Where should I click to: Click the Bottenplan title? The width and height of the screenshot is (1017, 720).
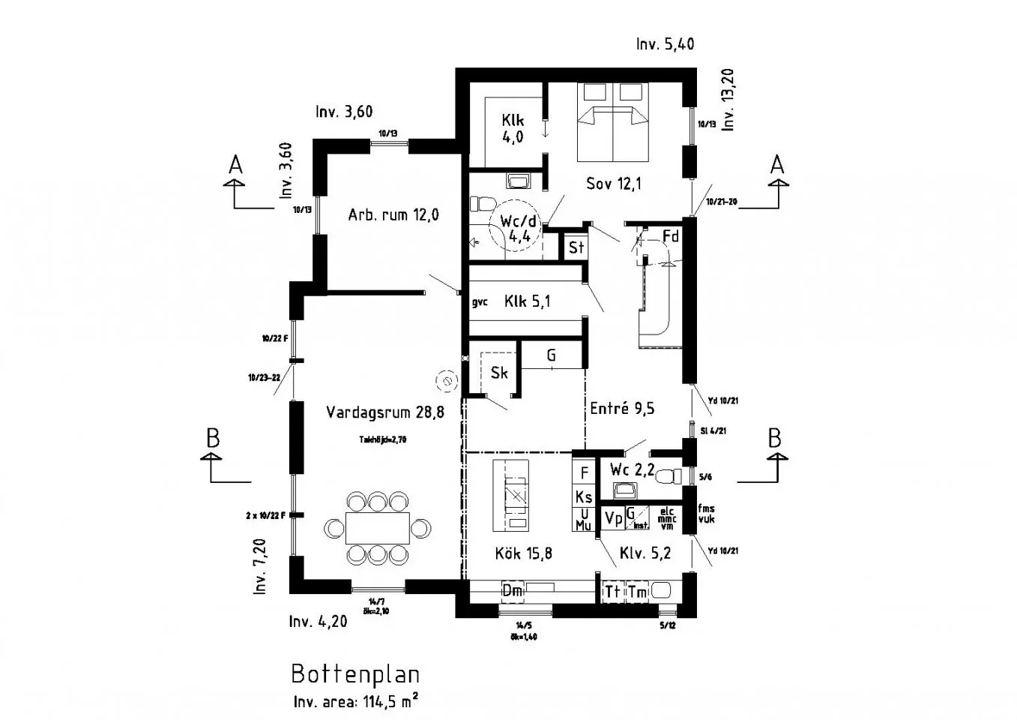[354, 673]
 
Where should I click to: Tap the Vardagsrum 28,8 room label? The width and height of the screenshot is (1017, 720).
[384, 412]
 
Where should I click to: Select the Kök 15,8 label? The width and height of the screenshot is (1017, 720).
[523, 553]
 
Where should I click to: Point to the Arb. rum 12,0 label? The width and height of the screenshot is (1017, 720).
[393, 215]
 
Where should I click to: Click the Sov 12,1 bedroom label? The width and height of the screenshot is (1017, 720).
[613, 184]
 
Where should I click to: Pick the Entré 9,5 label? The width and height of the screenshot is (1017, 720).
[622, 409]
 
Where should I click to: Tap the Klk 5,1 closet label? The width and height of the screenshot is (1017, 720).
[528, 301]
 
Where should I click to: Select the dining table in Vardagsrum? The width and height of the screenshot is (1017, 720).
[378, 527]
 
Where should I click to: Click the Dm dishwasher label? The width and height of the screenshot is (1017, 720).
[512, 592]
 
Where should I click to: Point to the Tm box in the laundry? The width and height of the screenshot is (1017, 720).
[637, 592]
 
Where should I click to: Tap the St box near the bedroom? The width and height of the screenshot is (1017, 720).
[576, 247]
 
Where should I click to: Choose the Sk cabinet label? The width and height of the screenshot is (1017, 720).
[499, 373]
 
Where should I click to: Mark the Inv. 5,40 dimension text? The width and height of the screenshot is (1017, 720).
[665, 44]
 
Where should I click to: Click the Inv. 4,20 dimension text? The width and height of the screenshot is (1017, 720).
[318, 622]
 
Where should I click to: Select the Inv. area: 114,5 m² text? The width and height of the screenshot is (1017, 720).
[355, 702]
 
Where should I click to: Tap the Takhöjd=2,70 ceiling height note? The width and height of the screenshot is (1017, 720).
[382, 440]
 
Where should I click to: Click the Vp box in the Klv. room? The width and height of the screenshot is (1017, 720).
[613, 518]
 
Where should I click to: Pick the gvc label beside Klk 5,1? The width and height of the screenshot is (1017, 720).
[480, 302]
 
